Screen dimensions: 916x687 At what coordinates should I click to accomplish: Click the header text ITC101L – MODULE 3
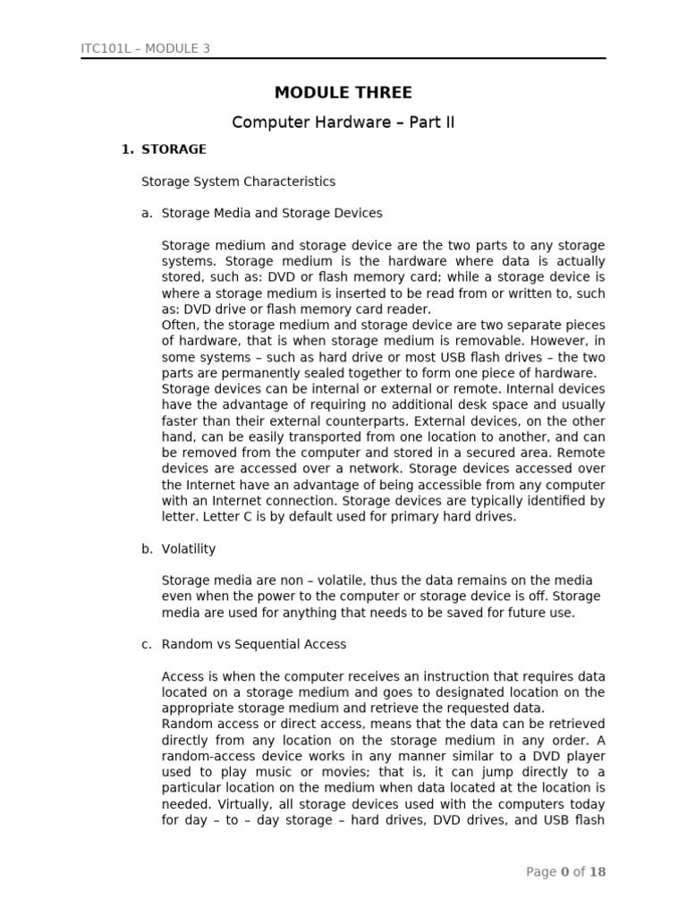coord(146,48)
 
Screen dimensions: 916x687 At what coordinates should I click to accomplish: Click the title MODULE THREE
coord(343,93)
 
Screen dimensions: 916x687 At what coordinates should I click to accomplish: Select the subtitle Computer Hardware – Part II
coord(343,123)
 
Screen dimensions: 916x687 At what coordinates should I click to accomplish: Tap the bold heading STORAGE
coord(174,149)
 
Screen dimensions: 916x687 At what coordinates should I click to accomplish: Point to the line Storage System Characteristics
coord(238,182)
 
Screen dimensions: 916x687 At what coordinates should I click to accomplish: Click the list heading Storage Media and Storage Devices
coord(271,213)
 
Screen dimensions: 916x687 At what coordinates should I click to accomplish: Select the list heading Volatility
coord(188,548)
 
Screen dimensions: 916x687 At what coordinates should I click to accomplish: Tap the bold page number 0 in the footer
coord(564,872)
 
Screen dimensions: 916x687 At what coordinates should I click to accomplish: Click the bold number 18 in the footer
coord(597,872)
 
